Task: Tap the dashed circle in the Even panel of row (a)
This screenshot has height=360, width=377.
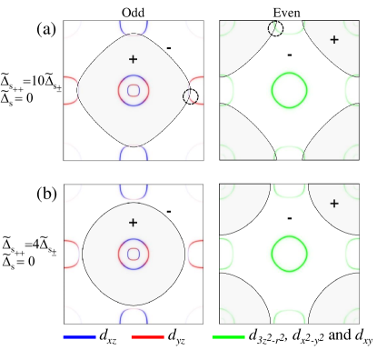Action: pos(275,29)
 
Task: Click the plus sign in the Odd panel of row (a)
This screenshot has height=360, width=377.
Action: pos(134,58)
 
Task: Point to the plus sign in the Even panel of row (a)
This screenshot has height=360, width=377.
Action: pos(334,40)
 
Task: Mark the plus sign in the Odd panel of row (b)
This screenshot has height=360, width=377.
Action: pos(134,222)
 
